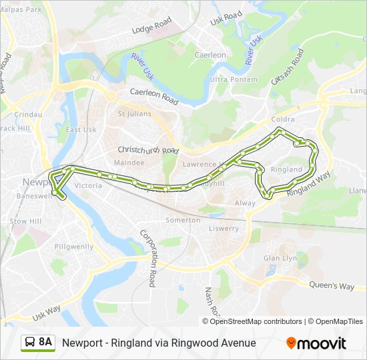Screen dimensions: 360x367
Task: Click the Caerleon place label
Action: pyautogui.click(x=210, y=55)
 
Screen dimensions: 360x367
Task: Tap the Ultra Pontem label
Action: pyautogui.click(x=229, y=79)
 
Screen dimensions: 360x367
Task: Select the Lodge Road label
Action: pyautogui.click(x=151, y=26)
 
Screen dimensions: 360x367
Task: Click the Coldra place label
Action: pyautogui.click(x=283, y=119)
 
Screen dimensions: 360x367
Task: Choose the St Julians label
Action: pyautogui.click(x=131, y=113)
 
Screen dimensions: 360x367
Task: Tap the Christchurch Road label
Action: pyautogui.click(x=149, y=150)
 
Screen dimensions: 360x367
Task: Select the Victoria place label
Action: pyautogui.click(x=89, y=185)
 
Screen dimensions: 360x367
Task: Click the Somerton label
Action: pyautogui.click(x=182, y=220)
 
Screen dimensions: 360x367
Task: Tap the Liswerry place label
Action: pyautogui.click(x=224, y=229)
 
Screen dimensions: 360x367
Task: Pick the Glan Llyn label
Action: pyautogui.click(x=280, y=258)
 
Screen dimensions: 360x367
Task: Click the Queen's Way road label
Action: pyautogui.click(x=332, y=285)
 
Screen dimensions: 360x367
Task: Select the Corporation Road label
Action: pyautogui.click(x=147, y=258)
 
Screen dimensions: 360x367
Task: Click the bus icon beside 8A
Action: pyautogui.click(x=30, y=343)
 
